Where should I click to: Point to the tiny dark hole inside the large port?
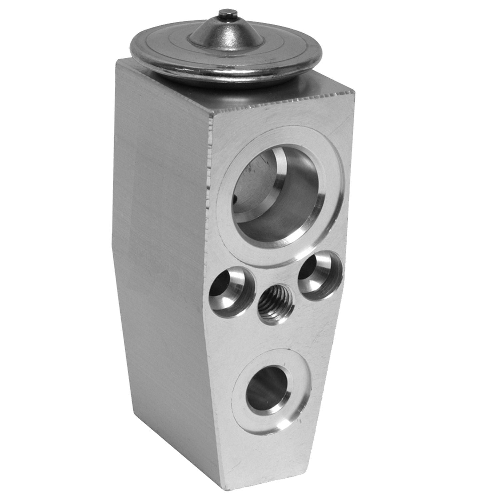pos(235,199)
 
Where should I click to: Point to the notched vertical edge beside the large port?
pos(210,167)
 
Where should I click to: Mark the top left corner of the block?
pos(116,60)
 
